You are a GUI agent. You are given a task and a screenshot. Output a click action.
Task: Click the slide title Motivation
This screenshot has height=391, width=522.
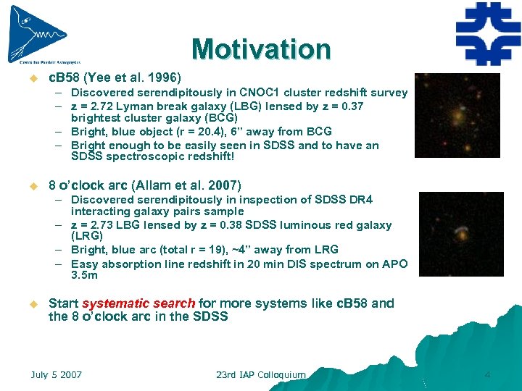tap(261, 49)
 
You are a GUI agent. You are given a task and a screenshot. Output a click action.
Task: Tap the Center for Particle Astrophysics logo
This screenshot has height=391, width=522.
tap(40, 35)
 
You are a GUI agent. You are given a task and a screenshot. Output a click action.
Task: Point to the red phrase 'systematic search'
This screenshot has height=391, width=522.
tap(138, 303)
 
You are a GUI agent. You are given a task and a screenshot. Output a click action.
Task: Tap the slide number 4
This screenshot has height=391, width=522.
tap(487, 375)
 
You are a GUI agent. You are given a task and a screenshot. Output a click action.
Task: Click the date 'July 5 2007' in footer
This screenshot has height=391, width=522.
tap(56, 375)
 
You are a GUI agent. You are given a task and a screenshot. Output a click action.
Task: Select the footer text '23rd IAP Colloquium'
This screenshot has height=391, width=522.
tap(260, 375)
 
